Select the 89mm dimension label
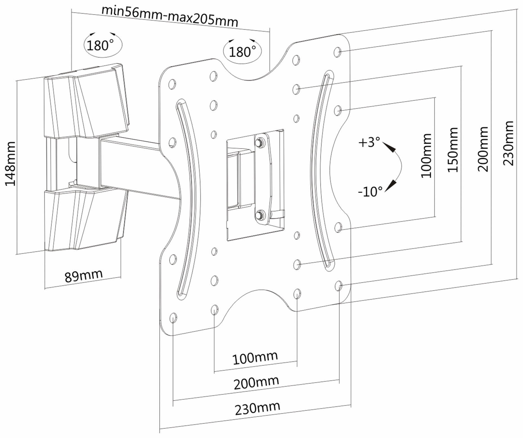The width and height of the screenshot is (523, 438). pos(84,276)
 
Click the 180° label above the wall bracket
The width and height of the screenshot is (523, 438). pos(100,45)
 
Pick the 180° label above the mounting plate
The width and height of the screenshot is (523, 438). pos(242,52)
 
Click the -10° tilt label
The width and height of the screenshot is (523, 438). pos(370,192)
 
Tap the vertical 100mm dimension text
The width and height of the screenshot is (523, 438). pos(426,156)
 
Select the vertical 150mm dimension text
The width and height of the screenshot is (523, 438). pos(453,150)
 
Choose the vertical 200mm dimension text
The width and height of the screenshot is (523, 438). pos(483,149)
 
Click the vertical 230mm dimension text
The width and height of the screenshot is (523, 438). pos(508,143)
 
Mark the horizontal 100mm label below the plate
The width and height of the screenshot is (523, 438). pos(255,358)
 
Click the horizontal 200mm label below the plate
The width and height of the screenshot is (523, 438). pos(256,382)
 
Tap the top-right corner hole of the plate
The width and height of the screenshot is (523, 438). pos(337,52)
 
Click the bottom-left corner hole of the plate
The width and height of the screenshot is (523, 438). pos(173,318)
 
